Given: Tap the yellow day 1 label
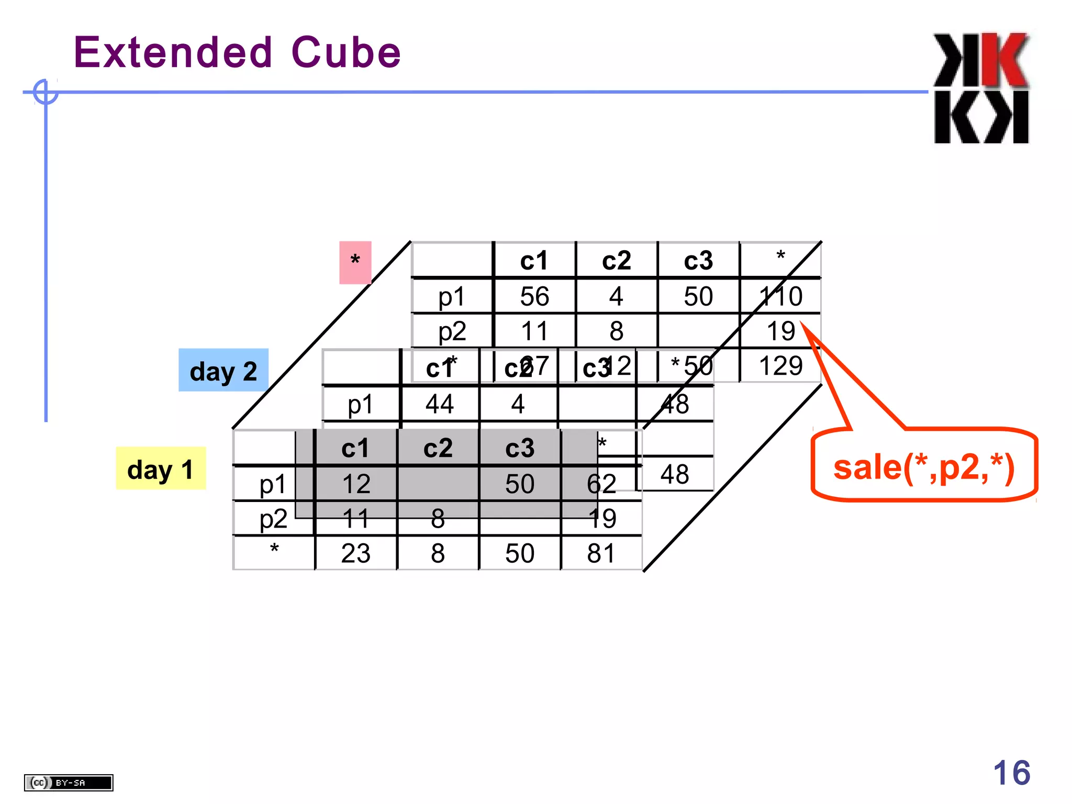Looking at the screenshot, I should pos(160,469).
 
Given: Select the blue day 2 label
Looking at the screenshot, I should pos(224,371).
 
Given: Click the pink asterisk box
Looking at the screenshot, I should pos(355,262).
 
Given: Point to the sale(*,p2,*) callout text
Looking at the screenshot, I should pos(924,467).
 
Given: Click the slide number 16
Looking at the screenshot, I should pos(1011,773).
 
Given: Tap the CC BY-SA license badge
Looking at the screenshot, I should pos(69,783).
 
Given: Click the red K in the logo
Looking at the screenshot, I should pos(1004,60).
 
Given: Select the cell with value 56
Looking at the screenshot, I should pos(534,296).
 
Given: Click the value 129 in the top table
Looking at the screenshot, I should pos(780,365).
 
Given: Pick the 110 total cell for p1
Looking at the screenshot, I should pos(780,296).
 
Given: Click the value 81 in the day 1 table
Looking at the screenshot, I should pos(601,553).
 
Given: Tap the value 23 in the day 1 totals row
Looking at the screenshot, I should pos(355,553).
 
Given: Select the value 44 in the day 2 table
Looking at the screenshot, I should pos(439,404).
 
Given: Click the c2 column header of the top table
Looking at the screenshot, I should pos(616,261).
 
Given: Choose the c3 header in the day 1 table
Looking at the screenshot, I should pos(519,449).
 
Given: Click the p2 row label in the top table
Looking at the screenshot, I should pos(452,331).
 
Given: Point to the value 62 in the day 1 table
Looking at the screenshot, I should pos(601,484).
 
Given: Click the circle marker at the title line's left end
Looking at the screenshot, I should pos(46,92).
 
